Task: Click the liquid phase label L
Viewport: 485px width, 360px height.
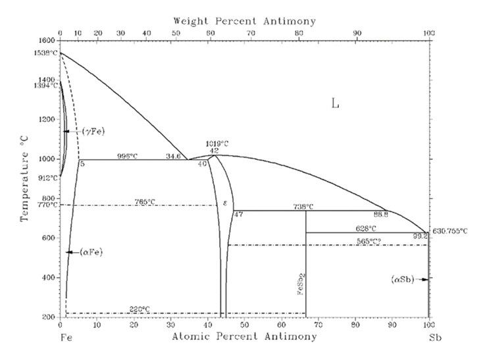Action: pos(335,103)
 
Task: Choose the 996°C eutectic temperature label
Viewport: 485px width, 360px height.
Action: pos(129,156)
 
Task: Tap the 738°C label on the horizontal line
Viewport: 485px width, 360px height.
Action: pos(303,207)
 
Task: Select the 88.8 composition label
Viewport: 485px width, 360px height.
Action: pos(380,214)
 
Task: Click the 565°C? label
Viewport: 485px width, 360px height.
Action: pos(369,242)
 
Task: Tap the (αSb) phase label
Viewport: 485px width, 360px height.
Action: pos(402,280)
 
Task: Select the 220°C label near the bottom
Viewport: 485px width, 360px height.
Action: pos(139,309)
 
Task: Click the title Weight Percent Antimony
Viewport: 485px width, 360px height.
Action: pos(244,21)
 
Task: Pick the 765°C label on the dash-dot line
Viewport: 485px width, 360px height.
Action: pos(145,201)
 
